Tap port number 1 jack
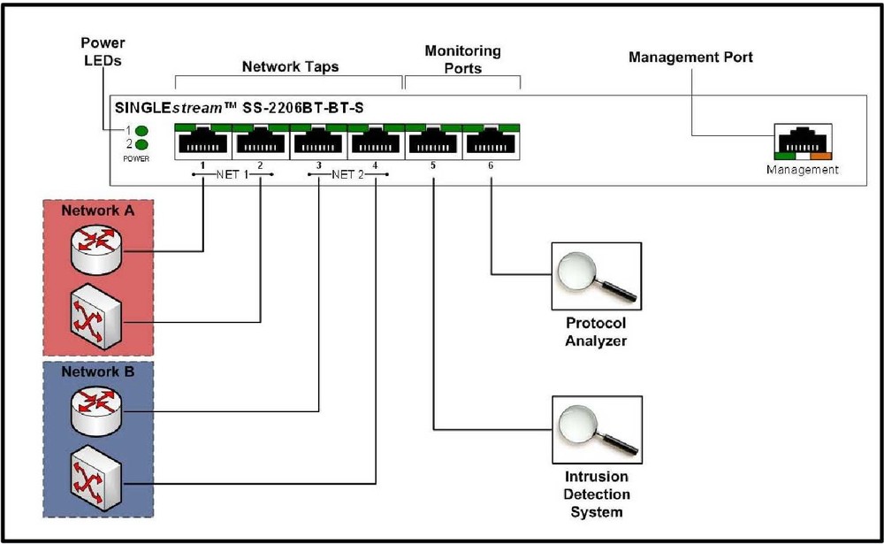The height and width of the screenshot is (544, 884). click(x=203, y=142)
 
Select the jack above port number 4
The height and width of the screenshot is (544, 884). click(x=376, y=142)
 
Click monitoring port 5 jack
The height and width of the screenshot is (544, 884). click(x=433, y=142)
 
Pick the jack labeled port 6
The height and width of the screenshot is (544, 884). click(x=491, y=142)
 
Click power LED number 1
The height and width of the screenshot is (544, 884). click(x=141, y=129)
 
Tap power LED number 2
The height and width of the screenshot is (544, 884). click(x=141, y=144)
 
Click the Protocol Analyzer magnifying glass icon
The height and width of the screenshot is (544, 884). click(x=595, y=273)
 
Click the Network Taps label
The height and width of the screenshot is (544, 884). click(x=290, y=67)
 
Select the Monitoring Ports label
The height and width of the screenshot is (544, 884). click(x=462, y=59)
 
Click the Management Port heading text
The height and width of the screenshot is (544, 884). click(x=690, y=57)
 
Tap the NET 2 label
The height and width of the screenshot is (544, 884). click(x=348, y=174)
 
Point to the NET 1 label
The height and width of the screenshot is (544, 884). click(x=232, y=174)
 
